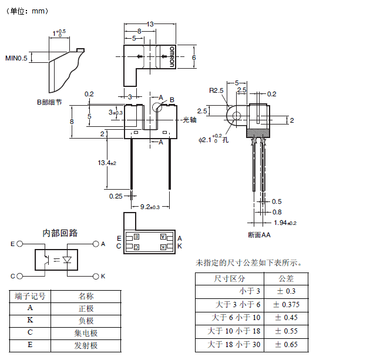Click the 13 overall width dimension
pyautogui.click(x=150, y=24)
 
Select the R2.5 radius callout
pyautogui.click(x=217, y=90)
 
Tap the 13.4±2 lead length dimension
pyautogui.click(x=108, y=163)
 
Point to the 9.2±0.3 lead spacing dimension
pyautogui.click(x=150, y=207)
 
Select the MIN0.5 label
pyautogui.click(x=16, y=58)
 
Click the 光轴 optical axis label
pyautogui.click(x=189, y=120)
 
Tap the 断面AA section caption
pyautogui.click(x=259, y=235)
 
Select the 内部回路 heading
pyautogui.click(x=60, y=233)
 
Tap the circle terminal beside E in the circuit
pyautogui.click(x=20, y=243)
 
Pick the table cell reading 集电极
pyautogui.click(x=86, y=333)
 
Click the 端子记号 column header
pyautogui.click(x=31, y=297)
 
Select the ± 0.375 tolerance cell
pyautogui.click(x=287, y=304)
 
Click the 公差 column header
pyautogui.click(x=287, y=278)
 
